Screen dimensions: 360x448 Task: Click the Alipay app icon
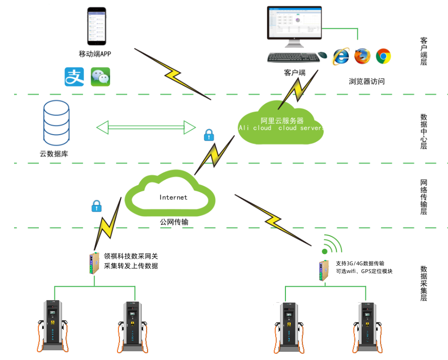pos(74,77)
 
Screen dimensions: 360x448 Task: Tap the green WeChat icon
pos(100,77)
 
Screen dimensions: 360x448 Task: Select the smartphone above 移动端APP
pos(96,26)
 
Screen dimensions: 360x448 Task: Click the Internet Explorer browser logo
pos(341,56)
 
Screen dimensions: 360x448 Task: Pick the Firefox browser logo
pos(362,56)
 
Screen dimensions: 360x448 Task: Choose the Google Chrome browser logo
pos(383,56)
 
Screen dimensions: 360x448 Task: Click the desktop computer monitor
pos(294,24)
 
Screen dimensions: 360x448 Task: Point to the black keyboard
pos(293,57)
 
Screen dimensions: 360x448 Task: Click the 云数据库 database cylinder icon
pos(56,123)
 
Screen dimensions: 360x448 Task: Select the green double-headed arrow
pos(146,127)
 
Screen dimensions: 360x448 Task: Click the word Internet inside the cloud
pos(173,197)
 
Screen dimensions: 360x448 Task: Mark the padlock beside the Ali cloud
pos(209,135)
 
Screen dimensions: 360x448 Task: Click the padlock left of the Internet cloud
pos(97,206)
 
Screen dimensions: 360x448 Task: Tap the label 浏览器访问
pos(366,81)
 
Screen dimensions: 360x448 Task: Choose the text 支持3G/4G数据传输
pos(360,263)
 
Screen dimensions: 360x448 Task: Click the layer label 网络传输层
pos(424,197)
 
